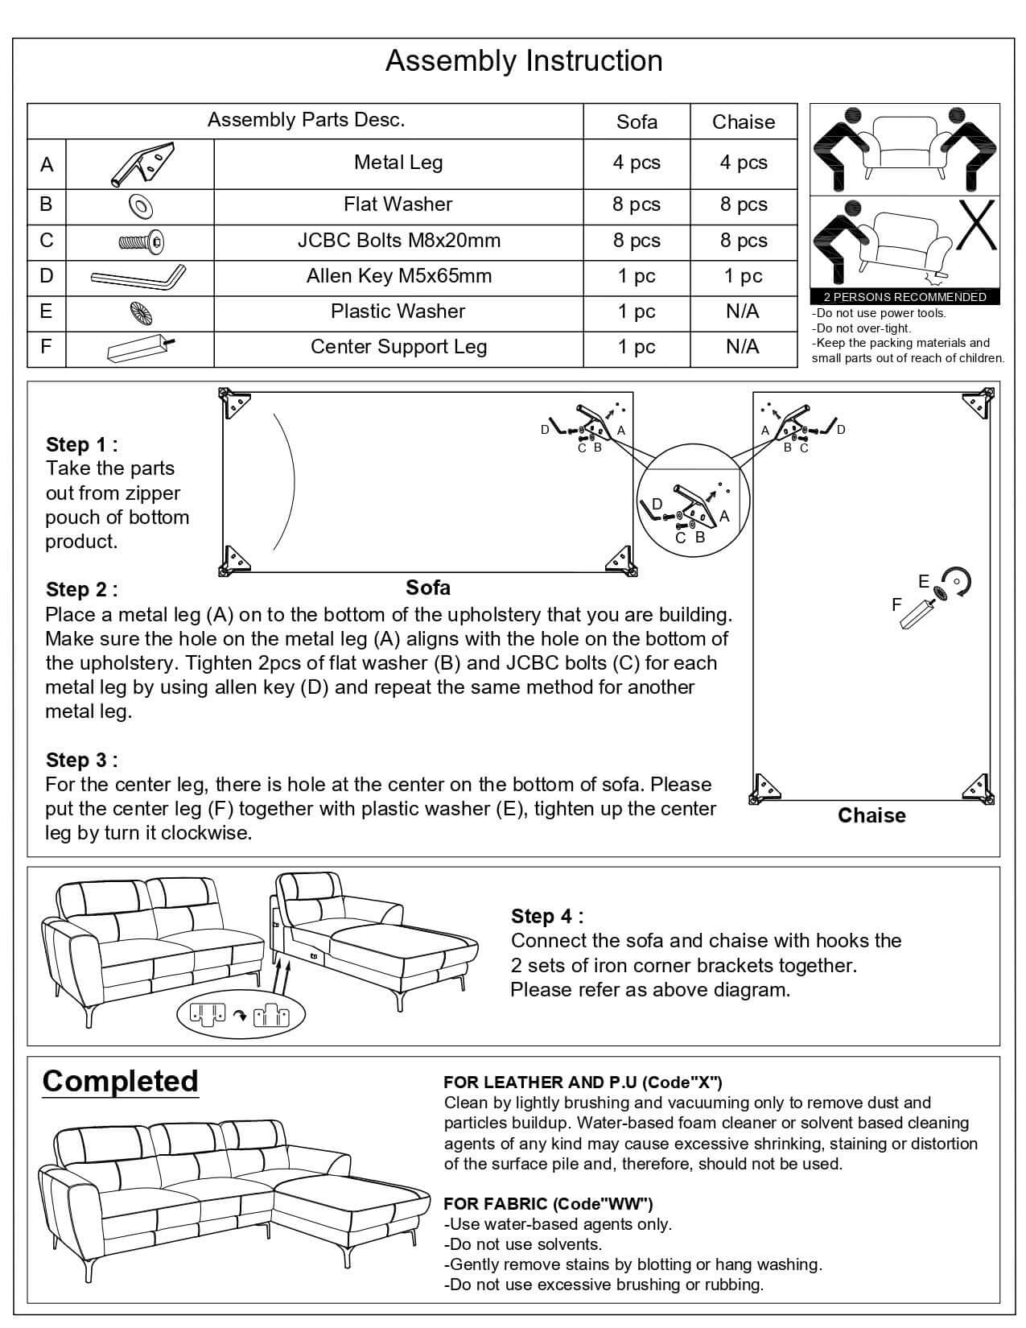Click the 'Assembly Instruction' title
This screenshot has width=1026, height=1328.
coord(524,61)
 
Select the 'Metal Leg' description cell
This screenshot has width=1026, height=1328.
coord(398,163)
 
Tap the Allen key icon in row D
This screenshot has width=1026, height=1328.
coord(138,277)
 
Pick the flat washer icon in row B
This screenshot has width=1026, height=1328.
coord(140,206)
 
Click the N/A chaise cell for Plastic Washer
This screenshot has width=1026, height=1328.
coord(742,311)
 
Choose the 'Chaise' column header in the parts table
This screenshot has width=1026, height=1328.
coord(743,122)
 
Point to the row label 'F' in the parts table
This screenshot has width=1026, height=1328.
coord(46,347)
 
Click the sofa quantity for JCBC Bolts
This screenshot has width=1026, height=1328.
coord(636,241)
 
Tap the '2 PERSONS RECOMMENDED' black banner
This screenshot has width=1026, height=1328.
coord(904,297)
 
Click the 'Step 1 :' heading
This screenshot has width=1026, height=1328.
coord(82,444)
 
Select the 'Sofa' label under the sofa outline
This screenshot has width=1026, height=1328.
coord(428,588)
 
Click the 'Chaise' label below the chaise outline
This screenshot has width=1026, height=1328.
coord(871,815)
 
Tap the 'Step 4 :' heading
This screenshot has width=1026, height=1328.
coord(547,916)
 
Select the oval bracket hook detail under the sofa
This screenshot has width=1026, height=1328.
coord(241,1015)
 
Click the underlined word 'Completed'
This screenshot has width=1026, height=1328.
coord(120,1081)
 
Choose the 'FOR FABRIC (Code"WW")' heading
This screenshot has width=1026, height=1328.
coord(548,1203)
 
